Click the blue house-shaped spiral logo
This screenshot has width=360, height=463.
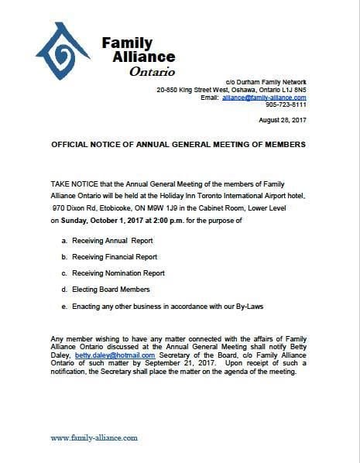pyautogui.click(x=67, y=55)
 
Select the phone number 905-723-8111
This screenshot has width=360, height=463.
pyautogui.click(x=286, y=105)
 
